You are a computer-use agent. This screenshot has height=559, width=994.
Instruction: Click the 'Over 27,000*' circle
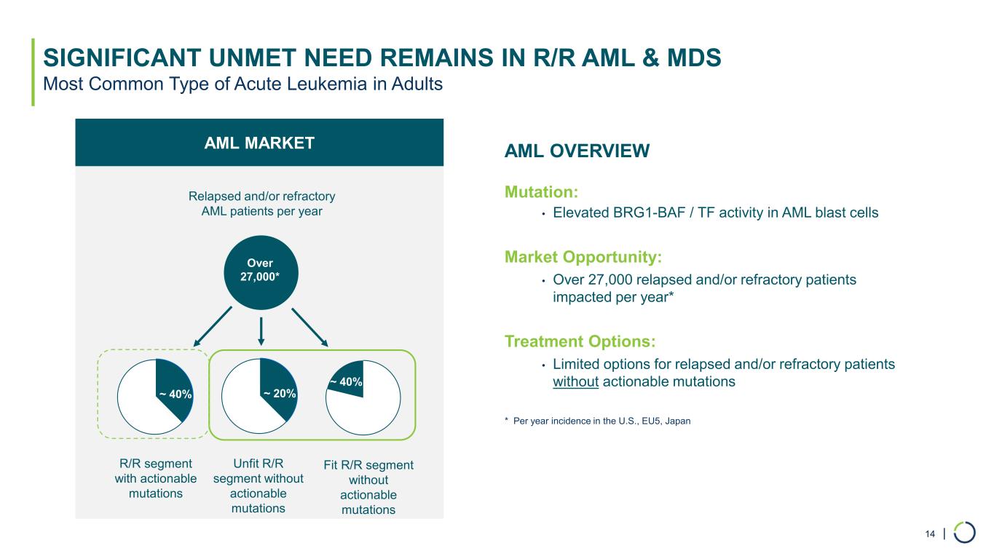point(261,270)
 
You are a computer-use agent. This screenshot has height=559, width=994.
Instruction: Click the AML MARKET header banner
point(259,143)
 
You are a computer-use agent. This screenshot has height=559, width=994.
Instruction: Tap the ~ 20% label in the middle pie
point(280,393)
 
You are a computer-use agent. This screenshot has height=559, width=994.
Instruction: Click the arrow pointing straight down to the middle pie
point(261,331)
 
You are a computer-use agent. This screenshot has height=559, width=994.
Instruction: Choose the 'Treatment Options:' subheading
point(580,341)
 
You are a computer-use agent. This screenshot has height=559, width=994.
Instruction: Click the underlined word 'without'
point(575,381)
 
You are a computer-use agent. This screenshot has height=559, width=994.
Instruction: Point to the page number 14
point(929,535)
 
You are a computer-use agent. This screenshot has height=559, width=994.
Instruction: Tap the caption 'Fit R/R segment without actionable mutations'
point(368,487)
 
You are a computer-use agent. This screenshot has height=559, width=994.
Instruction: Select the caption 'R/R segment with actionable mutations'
point(156,478)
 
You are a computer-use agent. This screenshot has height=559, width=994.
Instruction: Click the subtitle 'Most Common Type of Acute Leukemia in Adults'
point(243,84)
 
